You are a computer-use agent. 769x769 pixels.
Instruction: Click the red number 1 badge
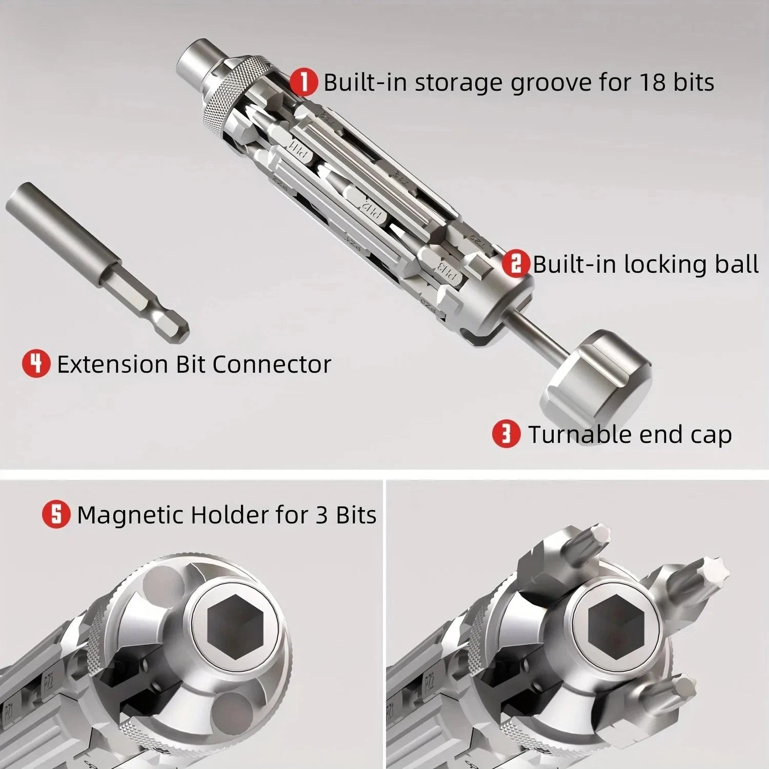(304, 83)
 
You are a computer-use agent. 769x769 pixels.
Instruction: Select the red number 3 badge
(505, 434)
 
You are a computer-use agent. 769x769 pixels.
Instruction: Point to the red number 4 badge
(36, 363)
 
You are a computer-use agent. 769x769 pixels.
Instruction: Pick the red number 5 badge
(56, 514)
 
